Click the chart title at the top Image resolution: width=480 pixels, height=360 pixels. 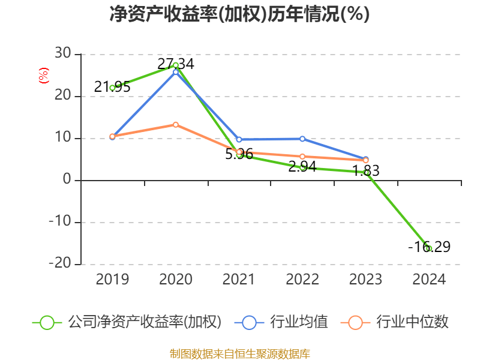point(239,14)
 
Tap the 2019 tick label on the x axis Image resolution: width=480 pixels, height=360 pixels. point(112,280)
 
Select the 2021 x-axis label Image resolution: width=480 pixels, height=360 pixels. point(239,280)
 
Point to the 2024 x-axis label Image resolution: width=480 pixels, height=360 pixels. point(429,280)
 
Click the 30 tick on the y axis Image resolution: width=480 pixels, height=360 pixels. point(63,55)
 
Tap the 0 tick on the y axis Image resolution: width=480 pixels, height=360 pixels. point(67,181)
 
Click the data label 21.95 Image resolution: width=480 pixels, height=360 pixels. point(112,87)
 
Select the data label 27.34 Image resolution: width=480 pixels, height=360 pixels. point(176,64)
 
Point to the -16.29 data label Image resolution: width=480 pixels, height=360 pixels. point(429,247)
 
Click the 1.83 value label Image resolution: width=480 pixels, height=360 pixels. point(365,171)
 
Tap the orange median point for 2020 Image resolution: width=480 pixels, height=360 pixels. point(176,125)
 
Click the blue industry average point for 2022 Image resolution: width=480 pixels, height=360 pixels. point(302,139)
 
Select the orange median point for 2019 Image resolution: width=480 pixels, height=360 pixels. point(112,136)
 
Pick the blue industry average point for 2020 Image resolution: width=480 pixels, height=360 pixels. point(176,72)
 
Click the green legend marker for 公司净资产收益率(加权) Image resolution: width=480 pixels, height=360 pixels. point(47,322)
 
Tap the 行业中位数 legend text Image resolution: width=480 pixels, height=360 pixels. point(412,322)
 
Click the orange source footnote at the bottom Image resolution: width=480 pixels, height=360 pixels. point(239,353)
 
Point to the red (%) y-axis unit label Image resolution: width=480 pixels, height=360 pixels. point(43,76)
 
